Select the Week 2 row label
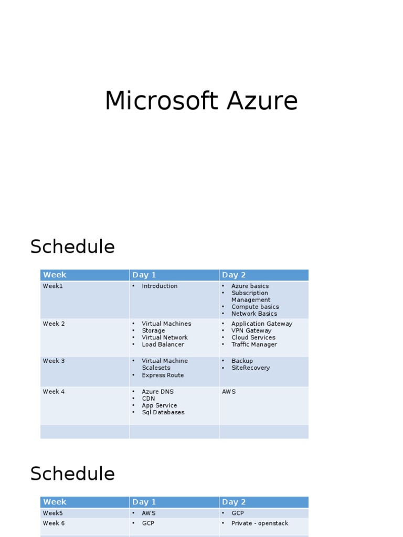[54, 324]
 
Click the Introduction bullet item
[160, 286]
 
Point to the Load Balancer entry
[163, 344]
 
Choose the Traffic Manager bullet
[254, 344]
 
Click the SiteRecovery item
[250, 368]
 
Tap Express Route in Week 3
[163, 375]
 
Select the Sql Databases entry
[163, 412]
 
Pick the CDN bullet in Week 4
[149, 399]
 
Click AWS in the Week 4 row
[229, 391]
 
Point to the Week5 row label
[53, 513]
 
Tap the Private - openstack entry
[260, 523]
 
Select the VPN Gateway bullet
[251, 330]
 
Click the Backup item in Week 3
[242, 361]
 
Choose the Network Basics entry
[254, 314]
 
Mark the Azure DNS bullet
[157, 391]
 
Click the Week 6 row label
[54, 523]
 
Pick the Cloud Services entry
[253, 337]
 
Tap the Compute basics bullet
[256, 306]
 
